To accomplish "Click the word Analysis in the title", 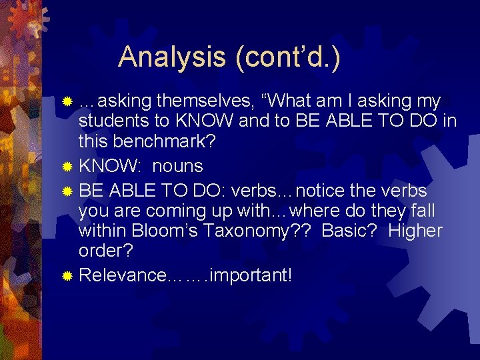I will pyautogui.click(x=172, y=57).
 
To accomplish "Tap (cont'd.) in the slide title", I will pyautogui.click(x=287, y=57).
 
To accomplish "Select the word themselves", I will pyautogui.click(x=207, y=101).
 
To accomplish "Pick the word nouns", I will pyautogui.click(x=177, y=165).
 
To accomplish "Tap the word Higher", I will pyautogui.click(x=415, y=231).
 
